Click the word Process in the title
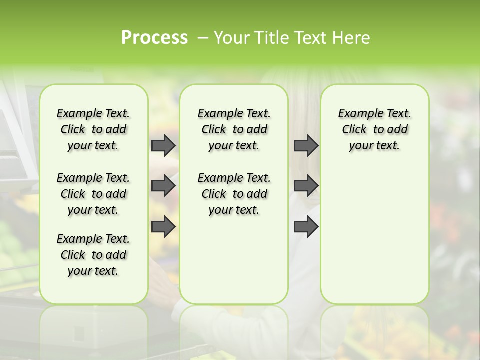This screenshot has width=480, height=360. tap(154, 37)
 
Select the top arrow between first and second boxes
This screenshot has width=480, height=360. tap(163, 145)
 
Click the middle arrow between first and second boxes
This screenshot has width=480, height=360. tap(163, 186)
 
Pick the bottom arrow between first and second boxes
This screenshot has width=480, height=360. tap(163, 227)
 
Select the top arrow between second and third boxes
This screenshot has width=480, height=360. tap(306, 145)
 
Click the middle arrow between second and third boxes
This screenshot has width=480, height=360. tap(306, 186)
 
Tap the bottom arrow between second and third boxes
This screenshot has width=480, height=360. tap(306, 227)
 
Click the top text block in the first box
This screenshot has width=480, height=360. tap(93, 129)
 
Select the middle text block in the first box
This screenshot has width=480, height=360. tap(93, 194)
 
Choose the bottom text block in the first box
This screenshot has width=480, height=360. tap(93, 255)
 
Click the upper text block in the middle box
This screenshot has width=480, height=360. tap(234, 129)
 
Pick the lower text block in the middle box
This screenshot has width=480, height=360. tap(234, 194)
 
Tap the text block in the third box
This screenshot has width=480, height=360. tap(375, 129)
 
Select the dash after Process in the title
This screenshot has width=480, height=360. tap(203, 38)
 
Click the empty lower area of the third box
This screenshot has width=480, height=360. tap(375, 240)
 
